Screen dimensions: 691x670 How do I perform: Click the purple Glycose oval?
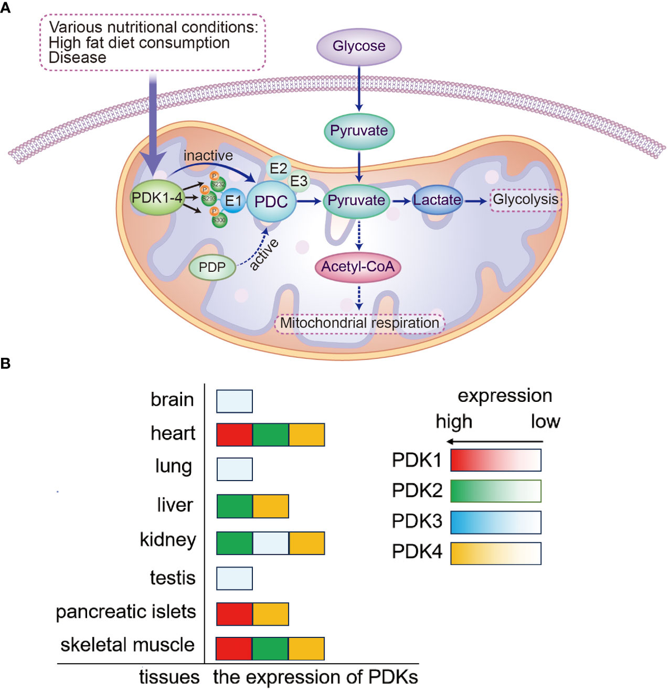(x=359, y=46)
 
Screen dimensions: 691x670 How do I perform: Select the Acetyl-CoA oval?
(x=358, y=267)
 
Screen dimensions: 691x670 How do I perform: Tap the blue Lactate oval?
(x=437, y=200)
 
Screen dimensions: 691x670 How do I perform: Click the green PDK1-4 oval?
(x=157, y=198)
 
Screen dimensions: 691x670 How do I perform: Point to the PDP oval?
(x=212, y=267)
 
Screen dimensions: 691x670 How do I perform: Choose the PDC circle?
(x=271, y=201)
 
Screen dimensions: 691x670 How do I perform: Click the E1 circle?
(x=233, y=200)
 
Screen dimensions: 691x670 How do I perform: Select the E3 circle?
(x=299, y=181)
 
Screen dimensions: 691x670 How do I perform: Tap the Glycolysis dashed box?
(x=525, y=200)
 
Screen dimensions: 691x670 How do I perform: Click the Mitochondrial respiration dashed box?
(x=360, y=323)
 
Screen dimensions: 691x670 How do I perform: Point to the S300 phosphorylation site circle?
(x=219, y=220)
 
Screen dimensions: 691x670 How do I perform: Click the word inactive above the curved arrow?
(x=208, y=156)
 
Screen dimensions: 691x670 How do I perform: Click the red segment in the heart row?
(x=234, y=435)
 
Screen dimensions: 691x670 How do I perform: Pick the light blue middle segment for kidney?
(x=271, y=543)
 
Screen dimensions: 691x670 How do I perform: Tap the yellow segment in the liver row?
(x=271, y=506)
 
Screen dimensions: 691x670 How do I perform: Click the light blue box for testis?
(x=234, y=578)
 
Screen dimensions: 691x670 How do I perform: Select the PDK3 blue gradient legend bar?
(x=495, y=522)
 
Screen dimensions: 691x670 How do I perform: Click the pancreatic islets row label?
(x=126, y=612)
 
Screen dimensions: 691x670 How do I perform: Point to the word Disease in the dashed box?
(x=77, y=58)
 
